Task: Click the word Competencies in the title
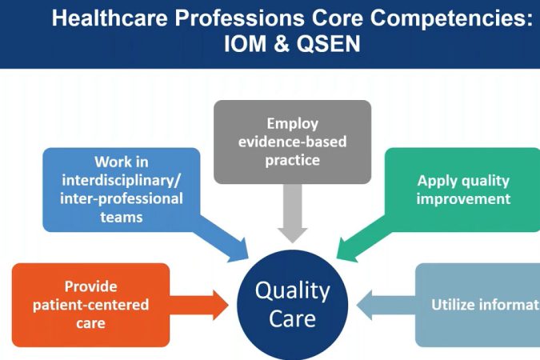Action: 453,18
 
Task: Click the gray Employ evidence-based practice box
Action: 293,142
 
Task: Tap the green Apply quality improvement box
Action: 463,189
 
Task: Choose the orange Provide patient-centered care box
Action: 91,305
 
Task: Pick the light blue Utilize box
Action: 480,305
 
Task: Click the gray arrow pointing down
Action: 293,217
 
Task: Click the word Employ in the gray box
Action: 293,124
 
